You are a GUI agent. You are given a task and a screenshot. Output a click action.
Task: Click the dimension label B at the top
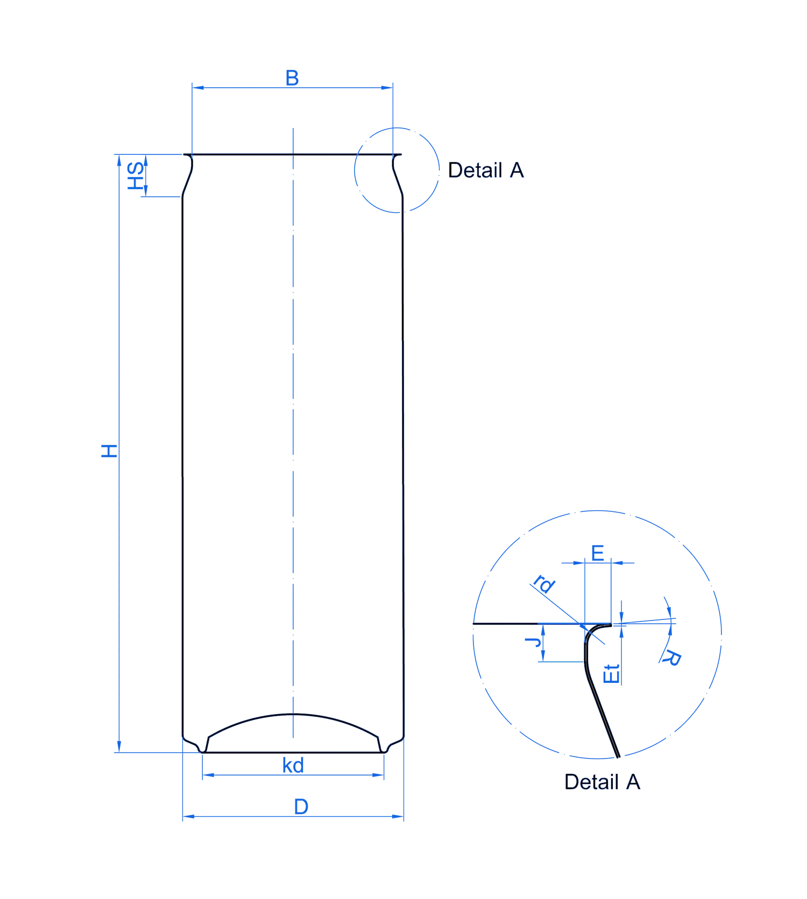pyautogui.click(x=292, y=78)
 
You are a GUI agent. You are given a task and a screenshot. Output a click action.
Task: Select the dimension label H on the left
pyautogui.click(x=109, y=451)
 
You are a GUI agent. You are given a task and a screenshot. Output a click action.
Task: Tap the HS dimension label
pyautogui.click(x=135, y=176)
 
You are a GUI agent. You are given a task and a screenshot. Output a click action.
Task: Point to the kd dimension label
pyautogui.click(x=293, y=765)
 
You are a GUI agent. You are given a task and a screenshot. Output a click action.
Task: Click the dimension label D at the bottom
pyautogui.click(x=301, y=807)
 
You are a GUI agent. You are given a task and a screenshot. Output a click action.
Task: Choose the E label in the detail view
pyautogui.click(x=598, y=553)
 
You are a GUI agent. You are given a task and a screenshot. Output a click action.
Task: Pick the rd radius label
pyautogui.click(x=543, y=583)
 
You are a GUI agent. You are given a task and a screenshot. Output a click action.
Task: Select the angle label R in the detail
pyautogui.click(x=672, y=658)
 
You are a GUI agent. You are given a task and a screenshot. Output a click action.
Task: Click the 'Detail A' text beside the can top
pyautogui.click(x=486, y=170)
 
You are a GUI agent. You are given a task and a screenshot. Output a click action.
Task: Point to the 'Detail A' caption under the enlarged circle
pyautogui.click(x=602, y=782)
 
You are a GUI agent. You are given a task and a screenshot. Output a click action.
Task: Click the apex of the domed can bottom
pyautogui.click(x=293, y=714)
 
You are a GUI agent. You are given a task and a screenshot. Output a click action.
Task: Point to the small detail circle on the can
pyautogui.click(x=397, y=170)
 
